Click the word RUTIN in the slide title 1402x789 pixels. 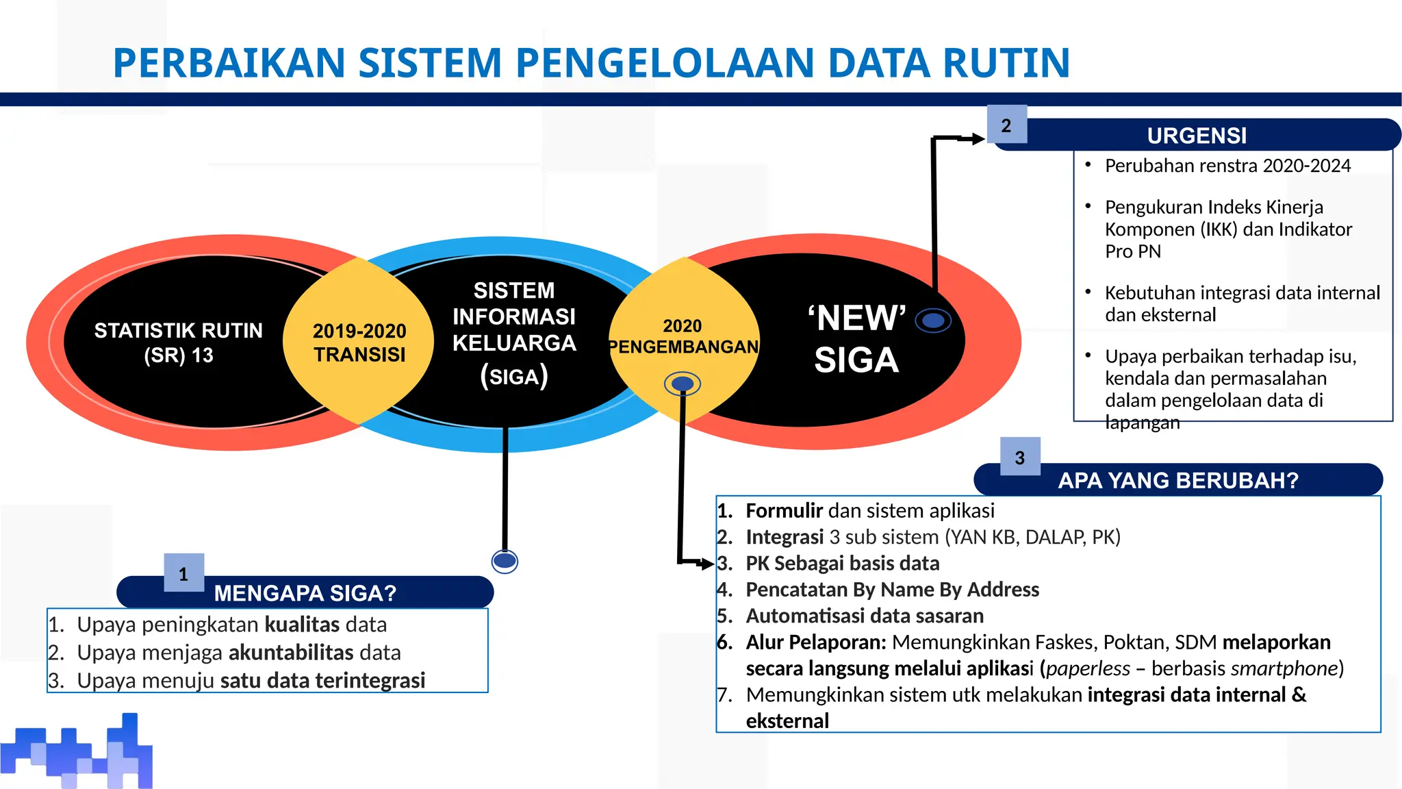pyautogui.click(x=1006, y=63)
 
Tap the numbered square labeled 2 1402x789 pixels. pyautogui.click(x=1006, y=125)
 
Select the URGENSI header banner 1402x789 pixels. pyautogui.click(x=1197, y=136)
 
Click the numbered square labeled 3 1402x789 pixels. pyautogui.click(x=1020, y=457)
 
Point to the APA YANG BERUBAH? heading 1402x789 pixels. pyautogui.click(x=1177, y=480)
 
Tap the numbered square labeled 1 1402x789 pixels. pyautogui.click(x=183, y=573)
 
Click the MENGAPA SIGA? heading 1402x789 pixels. pyautogui.click(x=305, y=592)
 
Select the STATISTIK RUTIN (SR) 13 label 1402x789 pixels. pyautogui.click(x=178, y=342)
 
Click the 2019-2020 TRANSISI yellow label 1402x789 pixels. pyautogui.click(x=359, y=342)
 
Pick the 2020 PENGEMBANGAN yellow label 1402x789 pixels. pyautogui.click(x=683, y=336)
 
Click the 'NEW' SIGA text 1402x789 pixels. pyautogui.click(x=856, y=339)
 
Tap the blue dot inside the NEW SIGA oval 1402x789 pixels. pyautogui.click(x=933, y=320)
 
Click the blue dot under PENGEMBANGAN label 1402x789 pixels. pyautogui.click(x=683, y=384)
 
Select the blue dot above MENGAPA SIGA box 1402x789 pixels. pyautogui.click(x=505, y=562)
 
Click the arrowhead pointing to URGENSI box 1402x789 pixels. pyautogui.click(x=978, y=139)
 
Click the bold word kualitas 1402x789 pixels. pyautogui.click(x=302, y=625)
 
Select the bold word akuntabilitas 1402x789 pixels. pyautogui.click(x=291, y=653)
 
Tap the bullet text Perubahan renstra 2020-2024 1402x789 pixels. pyautogui.click(x=1227, y=166)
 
